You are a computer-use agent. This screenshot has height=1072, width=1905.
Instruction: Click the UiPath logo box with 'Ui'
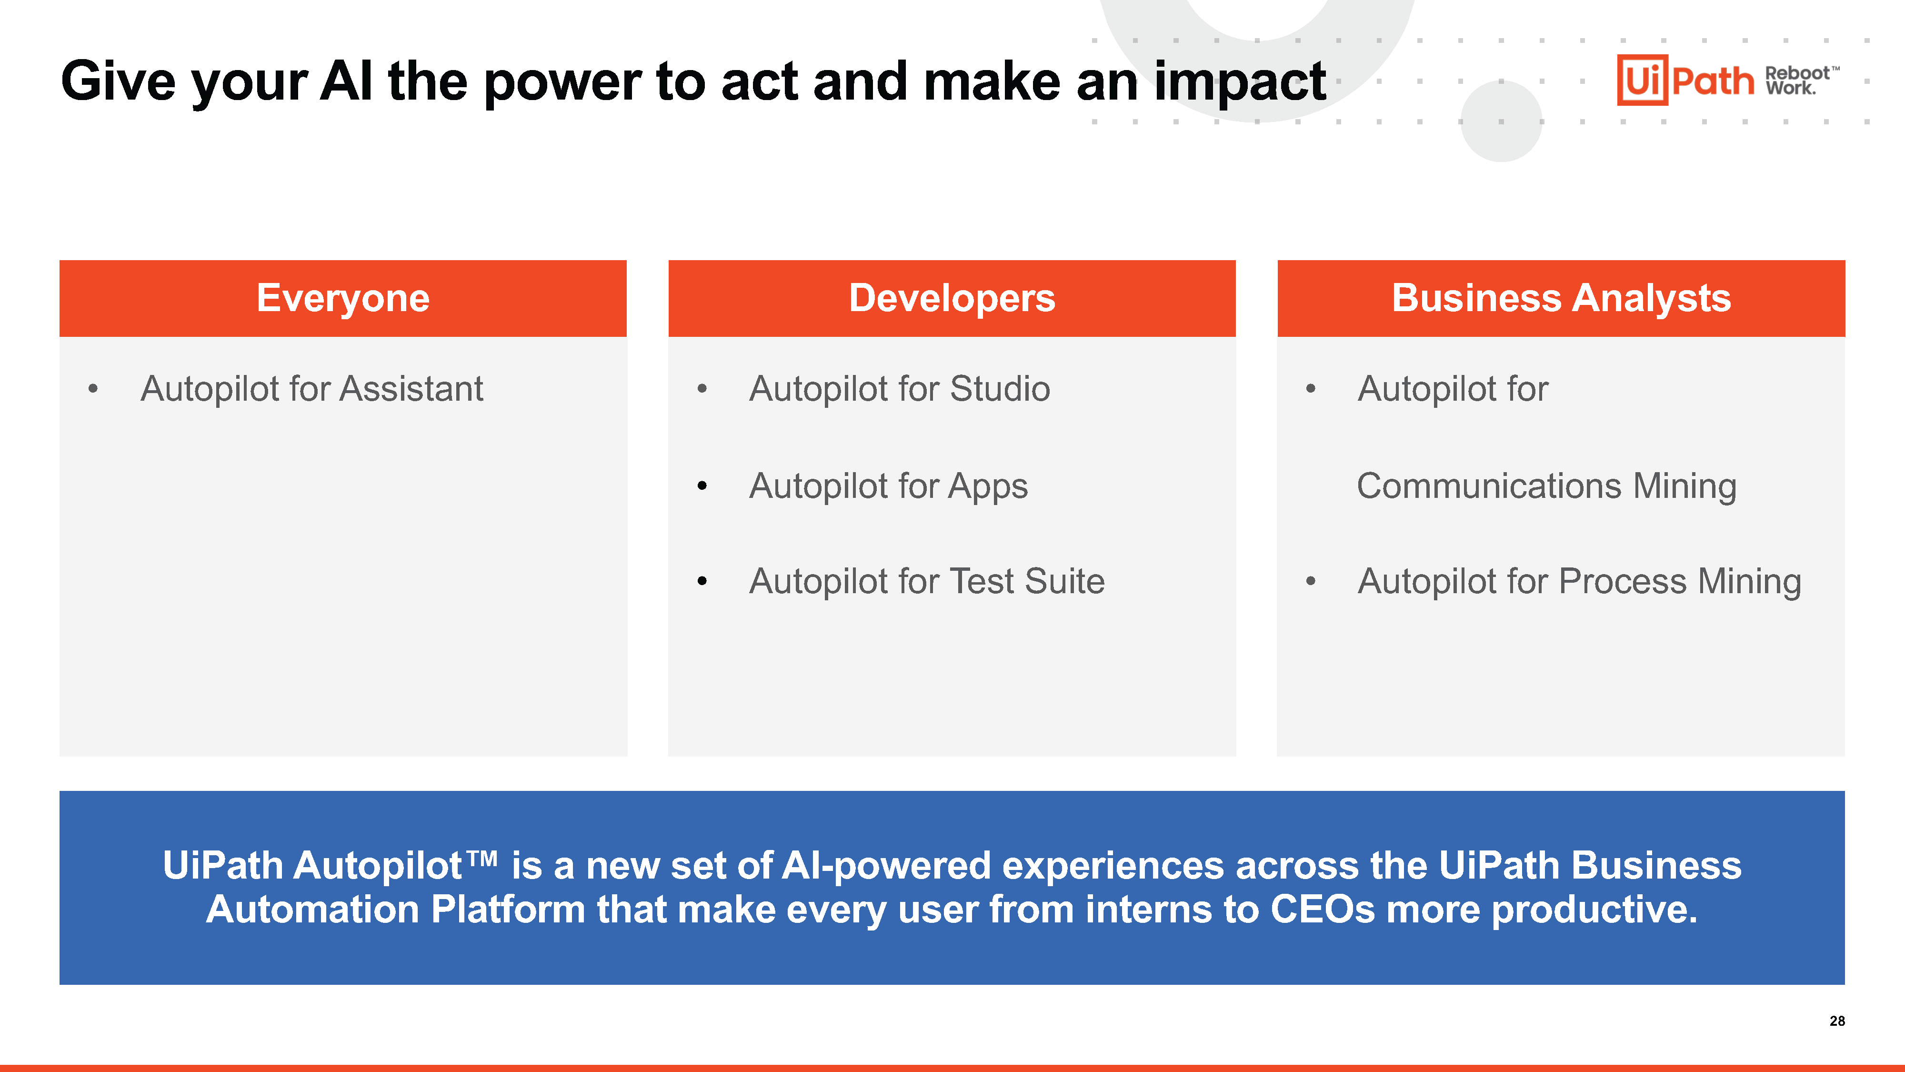1642,80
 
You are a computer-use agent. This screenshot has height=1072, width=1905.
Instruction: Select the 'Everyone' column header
342,298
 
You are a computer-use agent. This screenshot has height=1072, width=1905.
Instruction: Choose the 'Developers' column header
952,298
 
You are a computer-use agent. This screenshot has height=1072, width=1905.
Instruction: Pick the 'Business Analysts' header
1561,298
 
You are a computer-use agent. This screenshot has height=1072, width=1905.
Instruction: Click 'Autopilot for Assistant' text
311,389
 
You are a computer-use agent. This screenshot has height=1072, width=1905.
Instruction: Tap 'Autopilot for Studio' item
899,389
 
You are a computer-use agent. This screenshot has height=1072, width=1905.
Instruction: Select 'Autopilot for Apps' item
888,486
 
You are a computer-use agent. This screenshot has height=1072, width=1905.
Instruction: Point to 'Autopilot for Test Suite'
927,581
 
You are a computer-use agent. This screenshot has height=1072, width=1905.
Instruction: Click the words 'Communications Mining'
1546,486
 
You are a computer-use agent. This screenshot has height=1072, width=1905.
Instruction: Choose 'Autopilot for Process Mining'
1579,581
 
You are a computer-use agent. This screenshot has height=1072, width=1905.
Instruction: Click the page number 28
1837,1021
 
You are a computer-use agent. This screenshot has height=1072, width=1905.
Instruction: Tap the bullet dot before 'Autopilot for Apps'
702,486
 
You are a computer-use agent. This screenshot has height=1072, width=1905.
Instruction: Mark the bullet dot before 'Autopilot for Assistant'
93,389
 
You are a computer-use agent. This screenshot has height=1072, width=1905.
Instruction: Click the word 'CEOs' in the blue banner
1322,909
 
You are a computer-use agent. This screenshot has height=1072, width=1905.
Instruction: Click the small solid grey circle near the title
1501,121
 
